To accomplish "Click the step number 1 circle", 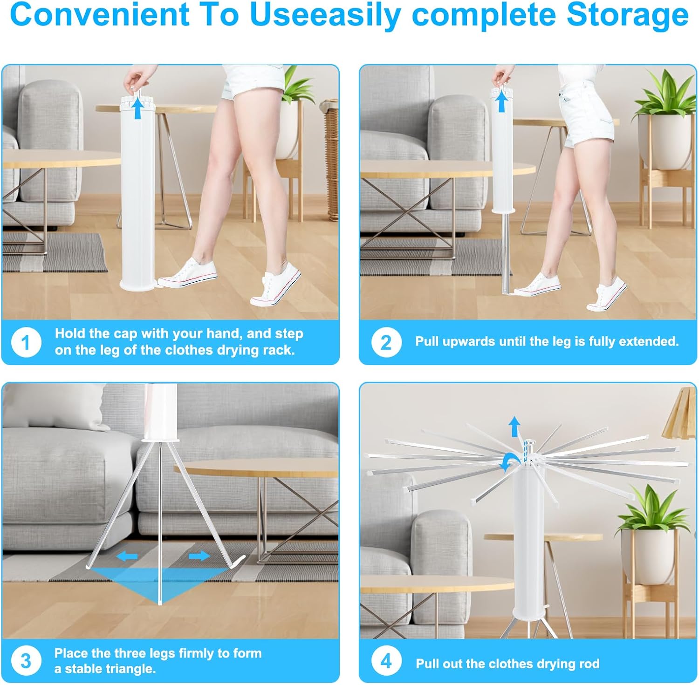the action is click(x=26, y=343).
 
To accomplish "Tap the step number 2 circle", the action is click(x=386, y=343).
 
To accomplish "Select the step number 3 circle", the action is click(x=26, y=661).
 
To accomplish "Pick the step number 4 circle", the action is click(x=386, y=661).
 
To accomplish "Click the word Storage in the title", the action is click(x=627, y=15).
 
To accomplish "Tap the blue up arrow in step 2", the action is click(x=501, y=102).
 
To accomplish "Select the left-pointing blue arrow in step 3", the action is click(x=127, y=556).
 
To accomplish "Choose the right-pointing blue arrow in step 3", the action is click(x=199, y=556).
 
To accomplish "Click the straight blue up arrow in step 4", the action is click(x=514, y=426).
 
